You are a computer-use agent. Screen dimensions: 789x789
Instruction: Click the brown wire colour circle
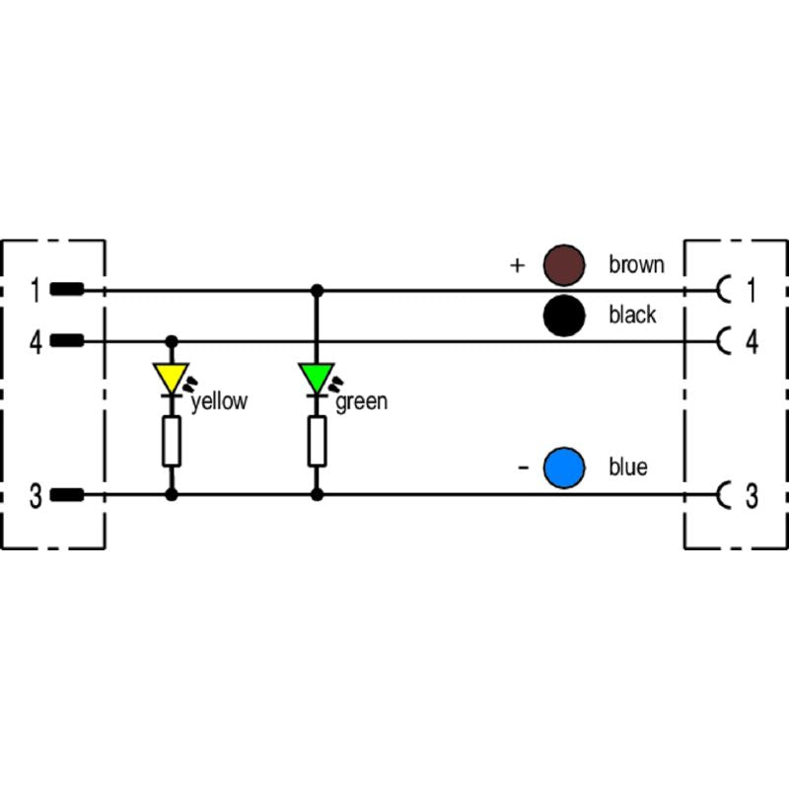point(564,264)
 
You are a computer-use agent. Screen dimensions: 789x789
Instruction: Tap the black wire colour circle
point(563,316)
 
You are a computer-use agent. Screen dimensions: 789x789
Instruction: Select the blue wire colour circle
point(564,467)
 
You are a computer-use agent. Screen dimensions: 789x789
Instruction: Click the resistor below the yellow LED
point(172,441)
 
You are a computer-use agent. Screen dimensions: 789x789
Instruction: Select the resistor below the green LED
point(317,441)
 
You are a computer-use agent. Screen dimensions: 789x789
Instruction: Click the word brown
point(636,264)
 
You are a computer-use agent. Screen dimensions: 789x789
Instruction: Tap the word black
point(632,316)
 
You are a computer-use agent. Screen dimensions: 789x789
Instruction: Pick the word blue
point(628,467)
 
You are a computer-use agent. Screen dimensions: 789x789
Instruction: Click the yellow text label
point(219,401)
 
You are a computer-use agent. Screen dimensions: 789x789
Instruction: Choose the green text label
point(362,401)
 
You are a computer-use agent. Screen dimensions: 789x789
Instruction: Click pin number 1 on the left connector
point(36,290)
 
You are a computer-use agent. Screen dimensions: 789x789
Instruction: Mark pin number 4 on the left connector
point(36,341)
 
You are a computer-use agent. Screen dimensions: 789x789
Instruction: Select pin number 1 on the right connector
point(751,290)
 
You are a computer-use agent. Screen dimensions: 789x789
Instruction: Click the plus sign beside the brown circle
point(517,265)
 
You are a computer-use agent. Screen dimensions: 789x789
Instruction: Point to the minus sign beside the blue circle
point(523,466)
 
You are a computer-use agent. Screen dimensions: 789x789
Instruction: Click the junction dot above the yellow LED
point(172,341)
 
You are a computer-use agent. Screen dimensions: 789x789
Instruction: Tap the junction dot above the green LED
point(317,291)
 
